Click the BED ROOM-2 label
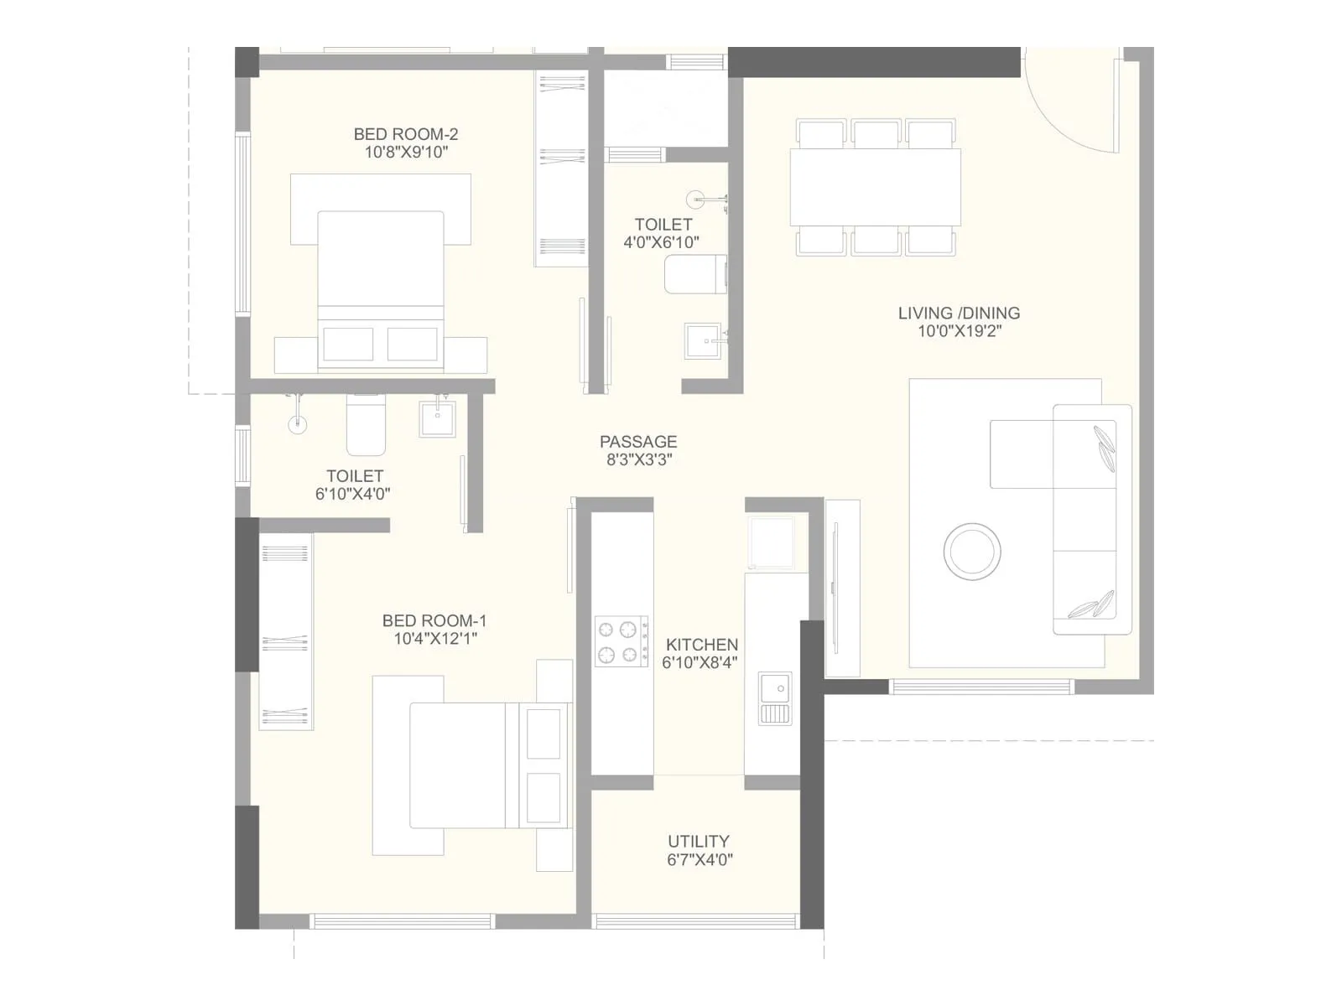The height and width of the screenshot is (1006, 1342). click(x=405, y=134)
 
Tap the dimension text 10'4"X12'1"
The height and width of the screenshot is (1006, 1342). click(x=435, y=639)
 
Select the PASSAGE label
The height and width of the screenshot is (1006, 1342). click(x=637, y=442)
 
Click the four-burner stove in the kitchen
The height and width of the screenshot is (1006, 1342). click(x=622, y=641)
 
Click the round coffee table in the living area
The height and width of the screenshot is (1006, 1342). click(x=972, y=552)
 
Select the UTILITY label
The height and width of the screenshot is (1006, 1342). click(x=698, y=842)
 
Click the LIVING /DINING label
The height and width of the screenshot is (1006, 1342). click(x=959, y=314)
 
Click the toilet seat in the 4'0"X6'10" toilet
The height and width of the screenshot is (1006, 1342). click(x=695, y=275)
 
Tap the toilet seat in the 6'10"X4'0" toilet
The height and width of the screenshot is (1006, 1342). click(x=366, y=426)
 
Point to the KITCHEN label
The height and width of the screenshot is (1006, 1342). click(x=702, y=645)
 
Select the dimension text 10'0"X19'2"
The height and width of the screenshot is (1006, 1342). click(x=959, y=331)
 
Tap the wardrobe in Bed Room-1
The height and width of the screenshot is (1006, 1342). click(x=285, y=630)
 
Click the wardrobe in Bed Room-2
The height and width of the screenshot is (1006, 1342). click(x=561, y=168)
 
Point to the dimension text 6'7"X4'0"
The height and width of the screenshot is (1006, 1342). click(x=700, y=859)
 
